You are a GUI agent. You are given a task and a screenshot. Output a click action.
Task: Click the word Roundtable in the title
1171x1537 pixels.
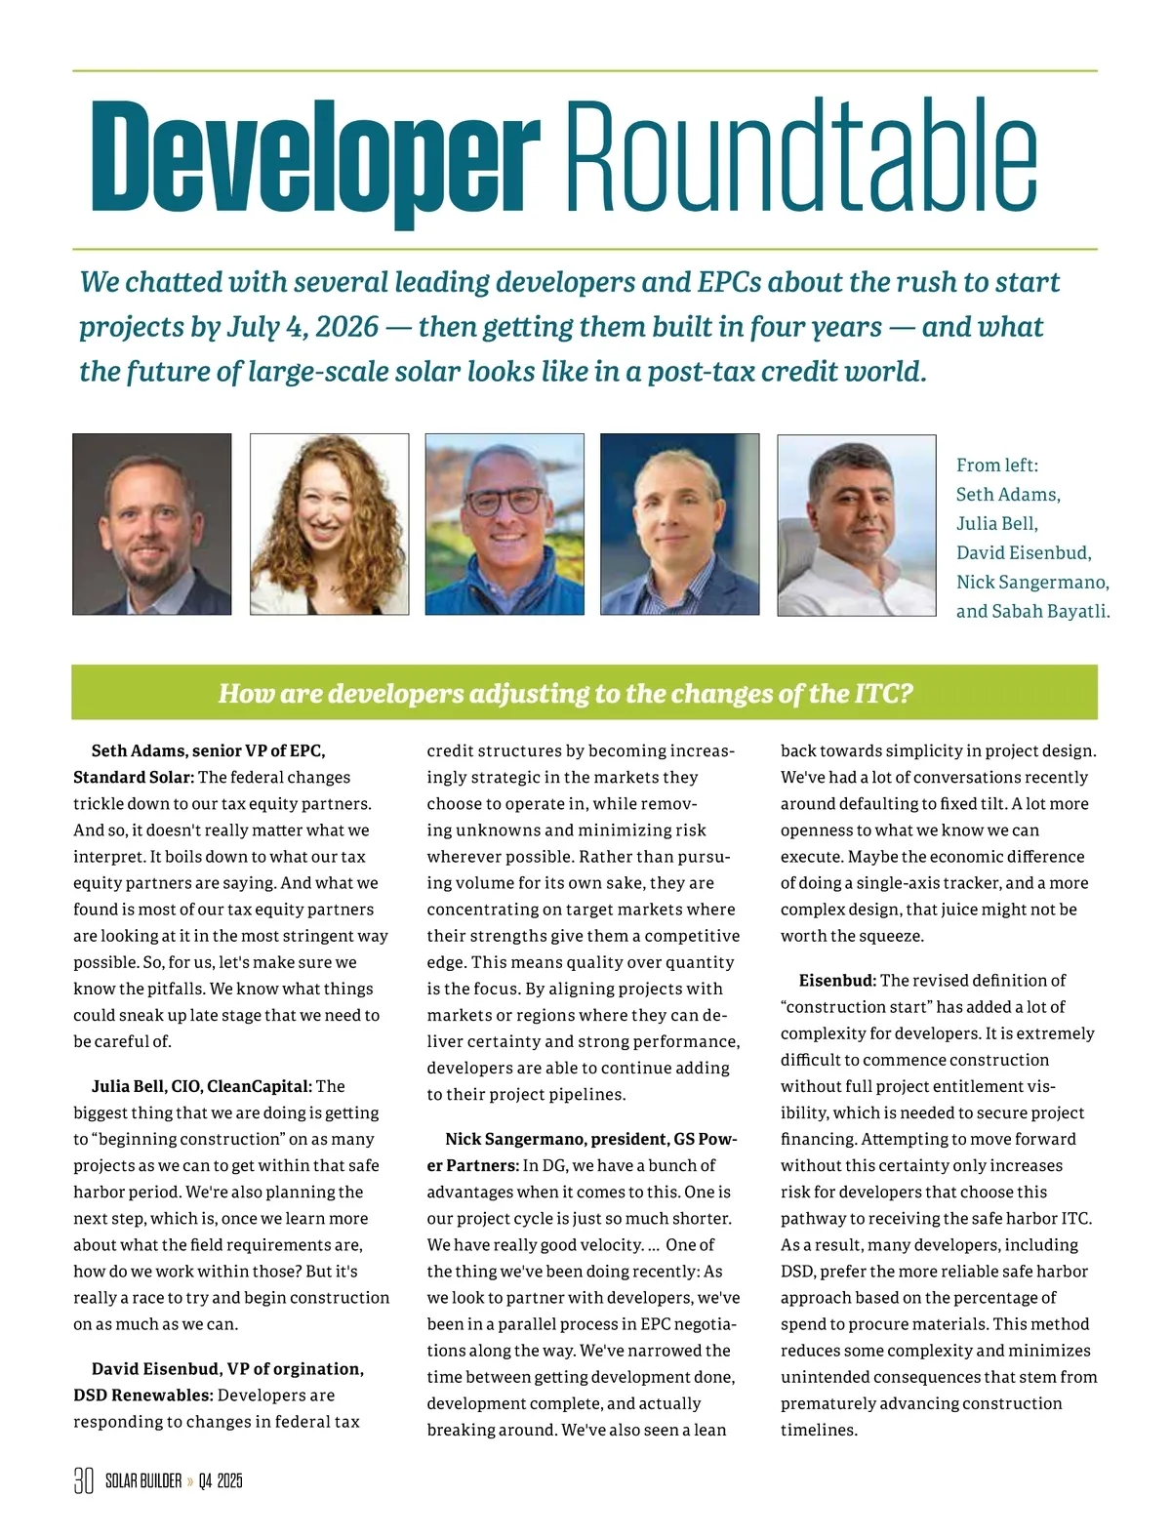pos(800,156)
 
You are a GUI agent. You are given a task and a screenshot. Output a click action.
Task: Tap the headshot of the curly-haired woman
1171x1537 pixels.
pos(329,524)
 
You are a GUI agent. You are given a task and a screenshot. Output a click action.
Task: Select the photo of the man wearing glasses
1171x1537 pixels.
pos(505,524)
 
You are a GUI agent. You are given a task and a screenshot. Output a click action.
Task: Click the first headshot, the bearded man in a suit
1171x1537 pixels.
pos(152,524)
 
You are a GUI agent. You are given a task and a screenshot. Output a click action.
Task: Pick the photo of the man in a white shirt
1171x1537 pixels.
pos(856,524)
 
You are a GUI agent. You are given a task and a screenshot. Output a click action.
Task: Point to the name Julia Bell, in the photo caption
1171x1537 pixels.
pos(996,524)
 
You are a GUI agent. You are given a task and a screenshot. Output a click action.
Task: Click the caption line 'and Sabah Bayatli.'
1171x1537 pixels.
pos(1032,612)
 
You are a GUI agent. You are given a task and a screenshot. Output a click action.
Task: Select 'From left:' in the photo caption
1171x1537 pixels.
pos(996,465)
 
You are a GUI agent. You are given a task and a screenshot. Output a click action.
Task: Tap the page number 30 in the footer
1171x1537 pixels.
pos(84,1480)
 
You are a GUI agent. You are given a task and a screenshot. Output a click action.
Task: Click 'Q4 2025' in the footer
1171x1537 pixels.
pos(221,1480)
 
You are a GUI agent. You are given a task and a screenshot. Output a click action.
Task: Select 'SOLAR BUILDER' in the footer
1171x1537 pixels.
pos(143,1480)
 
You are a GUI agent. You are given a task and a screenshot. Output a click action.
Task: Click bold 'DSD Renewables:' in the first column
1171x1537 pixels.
pos(142,1395)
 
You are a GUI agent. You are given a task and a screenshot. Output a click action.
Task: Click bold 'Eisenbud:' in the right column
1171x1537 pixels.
pos(837,980)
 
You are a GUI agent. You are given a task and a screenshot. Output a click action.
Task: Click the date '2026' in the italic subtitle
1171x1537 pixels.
pos(346,327)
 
